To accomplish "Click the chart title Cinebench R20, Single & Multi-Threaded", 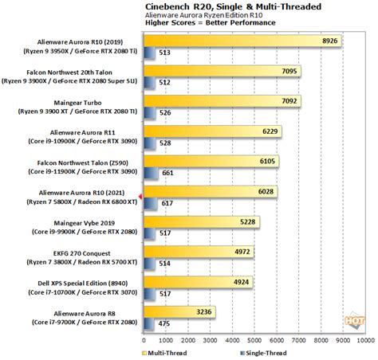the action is coord(233,6).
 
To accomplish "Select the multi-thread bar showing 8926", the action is coord(242,41).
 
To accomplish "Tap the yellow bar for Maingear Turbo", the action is coord(222,101).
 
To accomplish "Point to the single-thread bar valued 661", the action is coord(151,174).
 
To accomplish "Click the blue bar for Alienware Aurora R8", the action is coord(149,324).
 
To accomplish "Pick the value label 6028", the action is coord(266,191).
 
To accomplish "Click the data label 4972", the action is coord(242,252).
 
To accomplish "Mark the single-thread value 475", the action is coord(164,324).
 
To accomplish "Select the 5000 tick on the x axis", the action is coord(254,340).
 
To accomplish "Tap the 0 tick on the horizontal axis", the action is coord(144,340).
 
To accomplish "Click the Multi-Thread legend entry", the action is coord(164,353).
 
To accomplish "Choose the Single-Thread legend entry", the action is coord(263,353).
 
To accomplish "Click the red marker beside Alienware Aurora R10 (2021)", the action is coord(141,197).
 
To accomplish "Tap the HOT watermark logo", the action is coord(355,320).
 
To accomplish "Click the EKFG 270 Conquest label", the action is coord(81,253).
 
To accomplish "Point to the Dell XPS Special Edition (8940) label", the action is coord(83,284).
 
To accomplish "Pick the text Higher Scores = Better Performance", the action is coord(211,23).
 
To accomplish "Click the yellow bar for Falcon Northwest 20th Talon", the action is coord(222,71).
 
